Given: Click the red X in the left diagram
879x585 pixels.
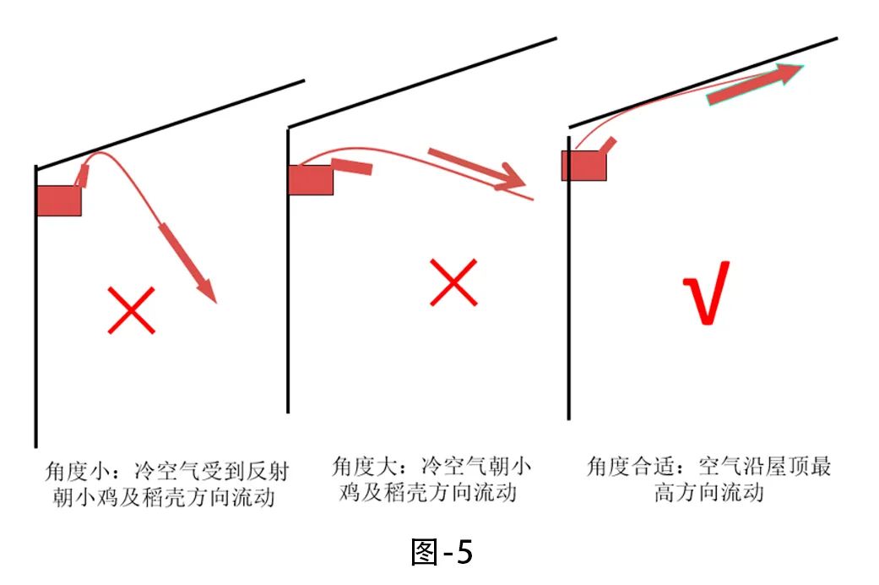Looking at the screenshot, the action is click(x=132, y=310).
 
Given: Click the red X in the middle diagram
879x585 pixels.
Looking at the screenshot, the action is click(x=454, y=282).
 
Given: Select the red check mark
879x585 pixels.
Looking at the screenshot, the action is click(x=706, y=292).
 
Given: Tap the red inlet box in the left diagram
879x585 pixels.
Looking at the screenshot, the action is click(x=59, y=200).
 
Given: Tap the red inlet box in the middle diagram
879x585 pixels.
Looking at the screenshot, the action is click(x=311, y=179).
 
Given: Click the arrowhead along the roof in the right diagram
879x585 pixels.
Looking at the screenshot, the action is click(x=789, y=74).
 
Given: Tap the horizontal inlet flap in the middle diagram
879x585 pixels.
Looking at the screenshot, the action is click(x=352, y=166).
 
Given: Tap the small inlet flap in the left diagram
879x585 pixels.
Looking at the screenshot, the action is click(x=83, y=176).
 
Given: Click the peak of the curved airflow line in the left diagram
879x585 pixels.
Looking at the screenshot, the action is click(x=100, y=153).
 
